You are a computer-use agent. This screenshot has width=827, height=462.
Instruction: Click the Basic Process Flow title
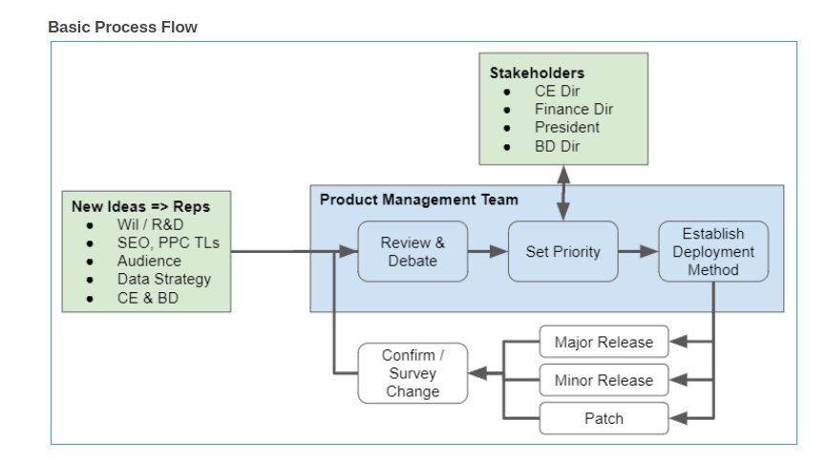[x=122, y=27]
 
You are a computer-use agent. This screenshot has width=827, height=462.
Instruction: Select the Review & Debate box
[x=413, y=252]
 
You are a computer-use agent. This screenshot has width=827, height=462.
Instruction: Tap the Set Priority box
[x=562, y=252]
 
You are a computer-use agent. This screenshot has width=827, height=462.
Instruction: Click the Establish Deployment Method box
[x=713, y=252]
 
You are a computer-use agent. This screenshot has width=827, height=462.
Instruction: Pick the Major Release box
[x=604, y=342]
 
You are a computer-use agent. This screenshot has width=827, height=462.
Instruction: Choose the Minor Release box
[x=604, y=380]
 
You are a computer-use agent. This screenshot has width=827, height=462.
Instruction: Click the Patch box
[x=604, y=418]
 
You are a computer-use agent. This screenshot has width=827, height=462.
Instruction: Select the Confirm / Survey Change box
[x=413, y=373]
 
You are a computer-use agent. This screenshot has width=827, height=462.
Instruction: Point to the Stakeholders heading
[x=537, y=73]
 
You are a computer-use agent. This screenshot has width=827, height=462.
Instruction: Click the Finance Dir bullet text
[x=574, y=109]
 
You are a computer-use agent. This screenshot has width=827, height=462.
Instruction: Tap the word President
[x=567, y=128]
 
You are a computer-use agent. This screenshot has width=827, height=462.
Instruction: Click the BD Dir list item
[x=557, y=146]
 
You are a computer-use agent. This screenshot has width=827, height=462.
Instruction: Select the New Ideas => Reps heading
[x=140, y=206]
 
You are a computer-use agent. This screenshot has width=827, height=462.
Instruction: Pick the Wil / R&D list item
[x=150, y=224]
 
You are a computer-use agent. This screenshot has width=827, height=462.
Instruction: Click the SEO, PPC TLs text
[x=168, y=242]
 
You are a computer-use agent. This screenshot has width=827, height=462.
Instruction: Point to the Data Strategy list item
[x=164, y=279]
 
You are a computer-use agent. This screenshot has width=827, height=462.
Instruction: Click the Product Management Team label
[x=419, y=199]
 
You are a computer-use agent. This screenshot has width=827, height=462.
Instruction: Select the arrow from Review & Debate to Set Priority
[x=488, y=252]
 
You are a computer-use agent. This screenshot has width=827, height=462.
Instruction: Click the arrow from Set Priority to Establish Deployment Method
[x=638, y=252]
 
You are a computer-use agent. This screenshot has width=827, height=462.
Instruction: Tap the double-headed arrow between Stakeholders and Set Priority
[x=563, y=193]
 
